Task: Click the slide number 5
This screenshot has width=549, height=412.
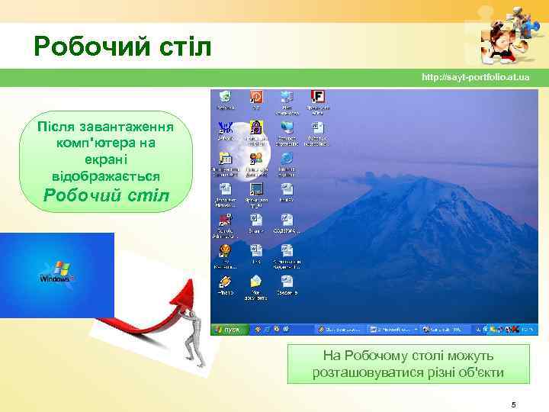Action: (514, 404)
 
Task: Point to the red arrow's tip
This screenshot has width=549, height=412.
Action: (188, 282)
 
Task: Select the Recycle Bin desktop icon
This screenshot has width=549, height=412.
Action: (225, 97)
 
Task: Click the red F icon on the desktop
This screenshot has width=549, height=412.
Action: (317, 97)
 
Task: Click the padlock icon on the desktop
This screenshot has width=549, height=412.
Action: (256, 127)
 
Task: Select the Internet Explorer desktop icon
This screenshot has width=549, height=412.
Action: (287, 158)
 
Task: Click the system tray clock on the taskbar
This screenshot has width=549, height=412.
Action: (527, 329)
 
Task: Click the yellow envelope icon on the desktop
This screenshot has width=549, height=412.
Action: (256, 280)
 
